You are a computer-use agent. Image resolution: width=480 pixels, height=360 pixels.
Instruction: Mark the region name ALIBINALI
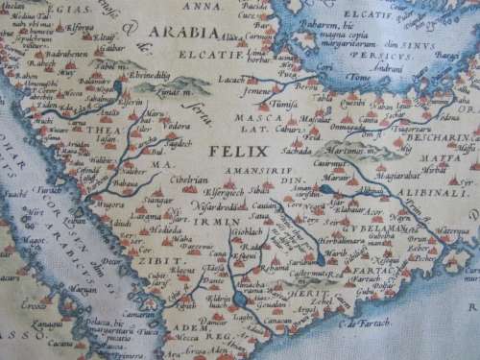tap(428, 191)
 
